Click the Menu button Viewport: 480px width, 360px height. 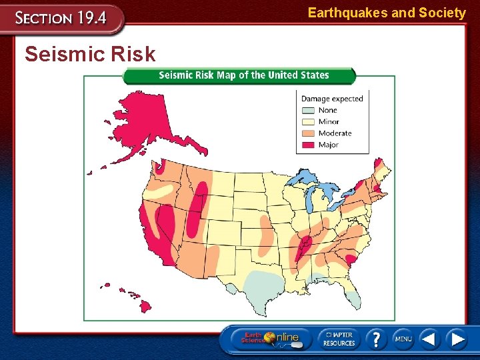pyautogui.click(x=403, y=339)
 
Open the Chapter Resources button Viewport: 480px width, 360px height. pyautogui.click(x=339, y=339)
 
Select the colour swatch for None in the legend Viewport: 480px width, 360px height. pyautogui.click(x=308, y=111)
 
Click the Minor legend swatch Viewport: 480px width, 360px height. pyautogui.click(x=308, y=122)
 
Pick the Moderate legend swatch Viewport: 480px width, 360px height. pyautogui.click(x=308, y=133)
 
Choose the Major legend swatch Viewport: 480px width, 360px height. pyautogui.click(x=308, y=145)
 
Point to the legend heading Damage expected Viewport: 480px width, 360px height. pyautogui.click(x=332, y=99)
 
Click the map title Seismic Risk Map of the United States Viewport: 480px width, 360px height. pyautogui.click(x=243, y=75)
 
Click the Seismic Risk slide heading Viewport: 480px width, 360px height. pyautogui.click(x=90, y=54)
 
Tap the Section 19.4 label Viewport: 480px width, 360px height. pyautogui.click(x=61, y=18)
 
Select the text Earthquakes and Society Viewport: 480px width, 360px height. pyautogui.click(x=387, y=13)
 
